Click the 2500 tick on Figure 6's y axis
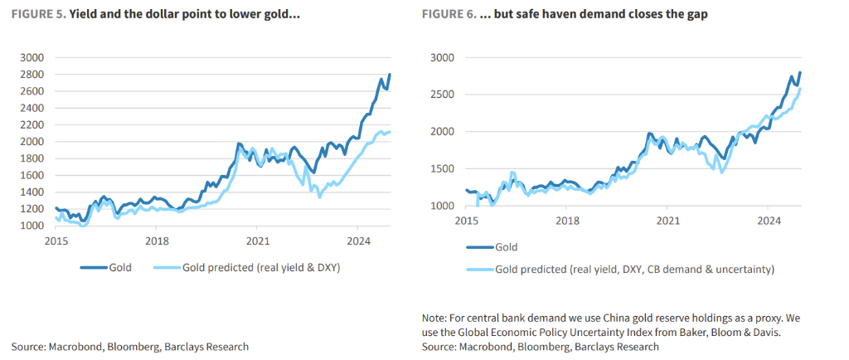(x=443, y=95)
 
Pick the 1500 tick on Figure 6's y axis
(x=443, y=168)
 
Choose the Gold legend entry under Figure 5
(x=118, y=267)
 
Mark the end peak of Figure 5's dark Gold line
(x=390, y=75)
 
